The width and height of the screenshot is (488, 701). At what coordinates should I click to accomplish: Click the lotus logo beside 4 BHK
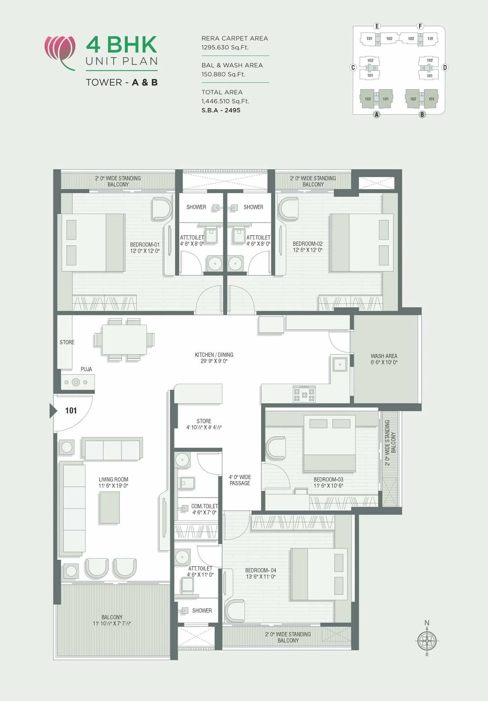(x=60, y=52)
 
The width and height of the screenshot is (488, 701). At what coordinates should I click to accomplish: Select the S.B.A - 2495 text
(x=221, y=110)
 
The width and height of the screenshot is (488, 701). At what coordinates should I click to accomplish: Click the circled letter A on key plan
(x=377, y=114)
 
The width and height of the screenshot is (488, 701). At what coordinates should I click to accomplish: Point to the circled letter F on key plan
(x=420, y=26)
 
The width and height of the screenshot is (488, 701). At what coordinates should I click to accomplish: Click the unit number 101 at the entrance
(x=71, y=410)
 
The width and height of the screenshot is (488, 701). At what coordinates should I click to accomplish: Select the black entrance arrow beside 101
(x=53, y=410)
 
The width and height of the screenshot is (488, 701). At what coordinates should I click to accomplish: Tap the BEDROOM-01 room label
(x=145, y=247)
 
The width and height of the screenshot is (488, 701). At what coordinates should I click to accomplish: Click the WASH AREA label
(x=384, y=359)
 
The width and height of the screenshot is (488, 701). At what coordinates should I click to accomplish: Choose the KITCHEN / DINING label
(x=214, y=358)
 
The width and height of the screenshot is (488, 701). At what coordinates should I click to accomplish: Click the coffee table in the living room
(x=109, y=507)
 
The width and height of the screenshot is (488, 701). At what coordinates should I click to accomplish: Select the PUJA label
(x=86, y=369)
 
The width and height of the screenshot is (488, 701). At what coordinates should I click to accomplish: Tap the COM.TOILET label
(x=204, y=509)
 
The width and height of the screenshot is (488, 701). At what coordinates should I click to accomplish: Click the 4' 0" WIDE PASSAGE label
(x=240, y=480)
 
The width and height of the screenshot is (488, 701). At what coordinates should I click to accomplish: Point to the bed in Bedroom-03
(x=329, y=443)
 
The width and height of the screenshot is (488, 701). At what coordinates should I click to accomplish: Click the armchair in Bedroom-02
(x=288, y=209)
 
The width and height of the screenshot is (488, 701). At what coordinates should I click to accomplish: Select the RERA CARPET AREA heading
(x=234, y=39)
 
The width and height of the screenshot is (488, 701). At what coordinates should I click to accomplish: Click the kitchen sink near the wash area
(x=339, y=364)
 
